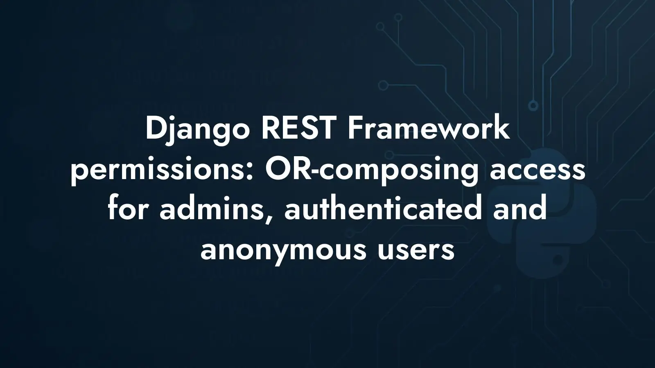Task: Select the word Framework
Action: click(x=429, y=128)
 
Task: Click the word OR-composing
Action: click(x=372, y=171)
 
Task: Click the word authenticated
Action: click(x=382, y=208)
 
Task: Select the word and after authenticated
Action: click(x=520, y=208)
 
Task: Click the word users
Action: click(x=416, y=251)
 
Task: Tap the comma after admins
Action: click(x=269, y=217)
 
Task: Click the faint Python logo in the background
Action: click(x=541, y=213)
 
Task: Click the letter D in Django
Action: click(x=157, y=129)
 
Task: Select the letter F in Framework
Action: click(x=355, y=129)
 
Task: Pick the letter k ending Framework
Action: click(x=501, y=129)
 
